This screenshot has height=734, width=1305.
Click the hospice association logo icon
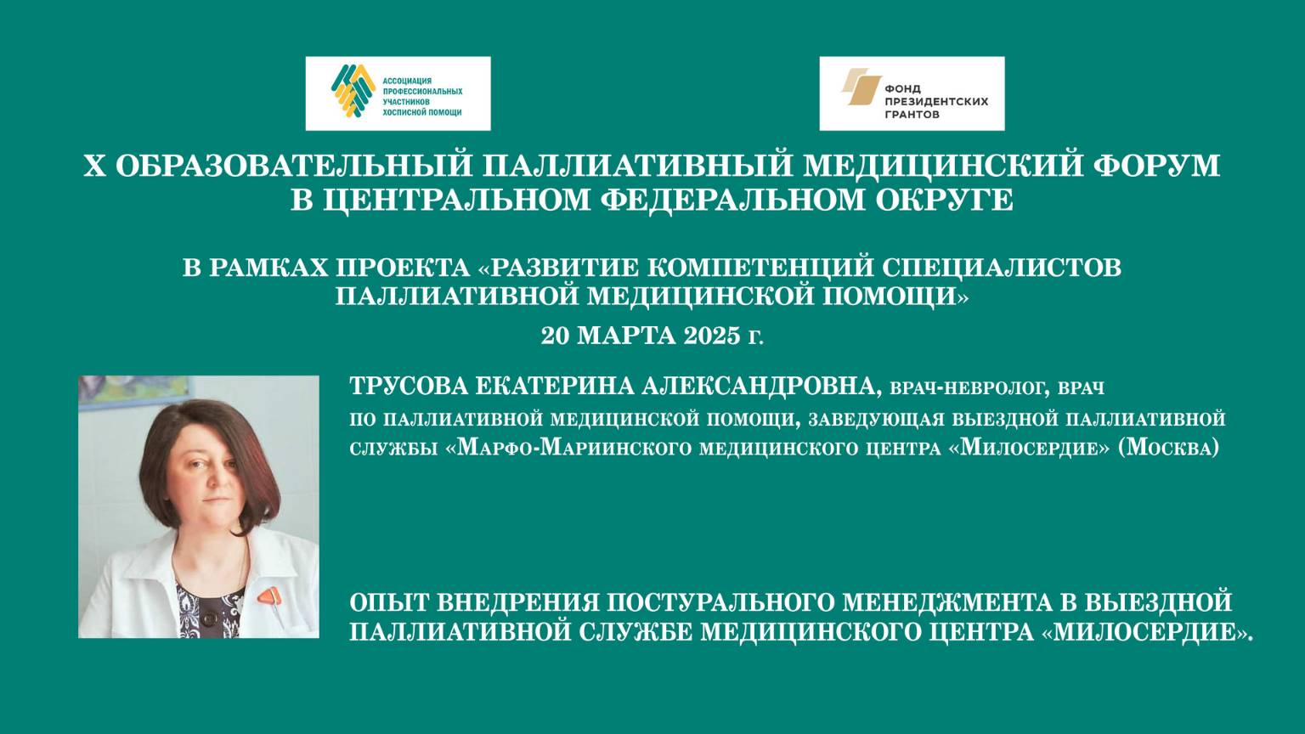point(353,91)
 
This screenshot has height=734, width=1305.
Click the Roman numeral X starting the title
point(93,165)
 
